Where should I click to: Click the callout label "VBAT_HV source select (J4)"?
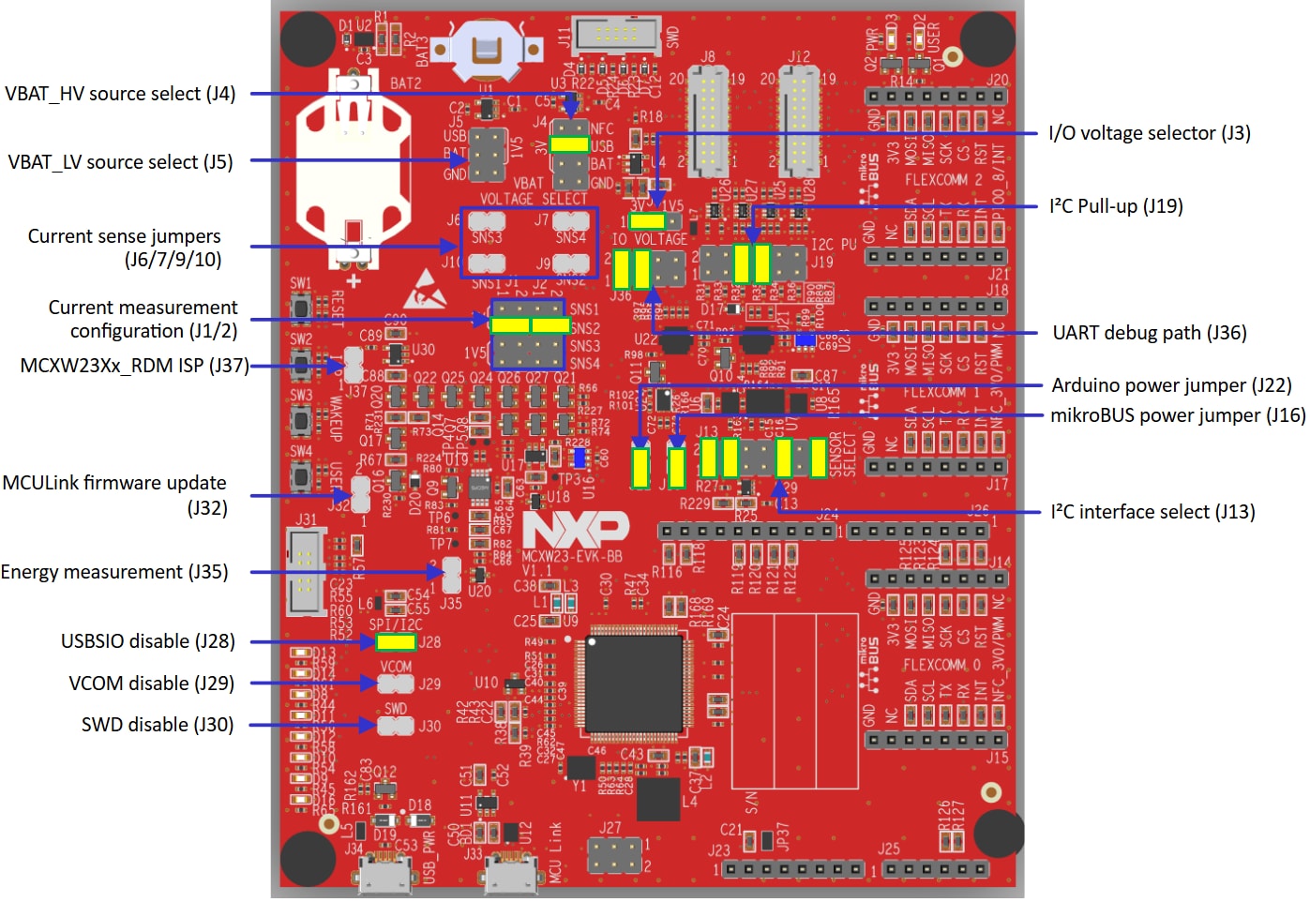click(x=120, y=94)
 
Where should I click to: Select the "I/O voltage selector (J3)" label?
click(x=1149, y=133)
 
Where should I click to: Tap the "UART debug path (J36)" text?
click(x=1149, y=333)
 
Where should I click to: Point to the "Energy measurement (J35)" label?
click(x=114, y=572)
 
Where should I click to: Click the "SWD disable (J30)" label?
click(x=158, y=725)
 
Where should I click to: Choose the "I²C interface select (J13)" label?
click(x=1152, y=512)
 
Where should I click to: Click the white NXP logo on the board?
click(x=575, y=530)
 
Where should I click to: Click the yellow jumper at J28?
click(x=396, y=642)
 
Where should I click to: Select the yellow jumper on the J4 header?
click(x=569, y=144)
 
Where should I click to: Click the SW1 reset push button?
click(x=301, y=308)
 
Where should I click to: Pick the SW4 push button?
click(x=301, y=476)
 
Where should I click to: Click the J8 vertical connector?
click(x=708, y=122)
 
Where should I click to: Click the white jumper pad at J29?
click(x=396, y=684)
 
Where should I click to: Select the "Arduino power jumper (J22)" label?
click(x=1171, y=385)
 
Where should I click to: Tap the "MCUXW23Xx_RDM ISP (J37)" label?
click(x=135, y=366)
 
